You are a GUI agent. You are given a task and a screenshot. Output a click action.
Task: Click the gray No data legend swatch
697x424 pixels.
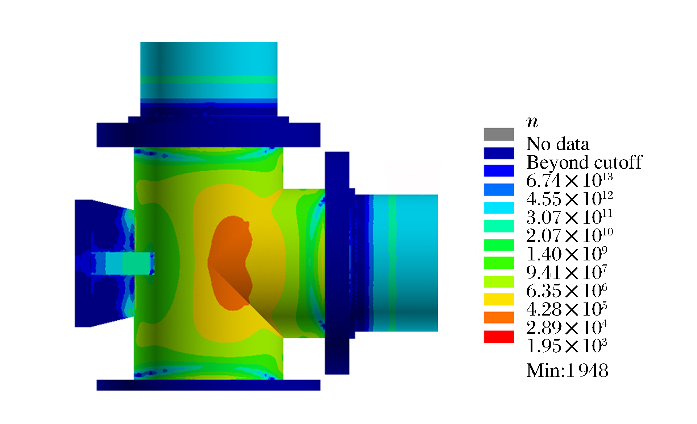pyautogui.click(x=499, y=134)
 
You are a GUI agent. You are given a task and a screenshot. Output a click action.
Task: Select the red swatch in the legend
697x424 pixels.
pyautogui.click(x=499, y=337)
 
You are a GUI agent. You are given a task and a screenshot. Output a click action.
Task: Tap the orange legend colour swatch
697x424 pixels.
pyautogui.click(x=499, y=317)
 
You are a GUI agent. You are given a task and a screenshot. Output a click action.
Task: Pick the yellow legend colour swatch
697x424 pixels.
pyautogui.click(x=499, y=299)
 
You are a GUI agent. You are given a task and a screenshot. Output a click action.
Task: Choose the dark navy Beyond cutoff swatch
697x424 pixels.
pyautogui.click(x=499, y=153)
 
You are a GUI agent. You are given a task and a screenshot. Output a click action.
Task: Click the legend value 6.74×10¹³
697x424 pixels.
pyautogui.click(x=569, y=180)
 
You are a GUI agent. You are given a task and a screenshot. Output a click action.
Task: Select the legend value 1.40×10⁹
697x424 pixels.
pyautogui.click(x=567, y=254)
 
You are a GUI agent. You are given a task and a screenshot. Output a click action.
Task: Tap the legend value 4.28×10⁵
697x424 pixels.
pyautogui.click(x=567, y=309)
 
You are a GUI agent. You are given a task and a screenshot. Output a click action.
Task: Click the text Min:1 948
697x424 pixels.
pyautogui.click(x=567, y=371)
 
